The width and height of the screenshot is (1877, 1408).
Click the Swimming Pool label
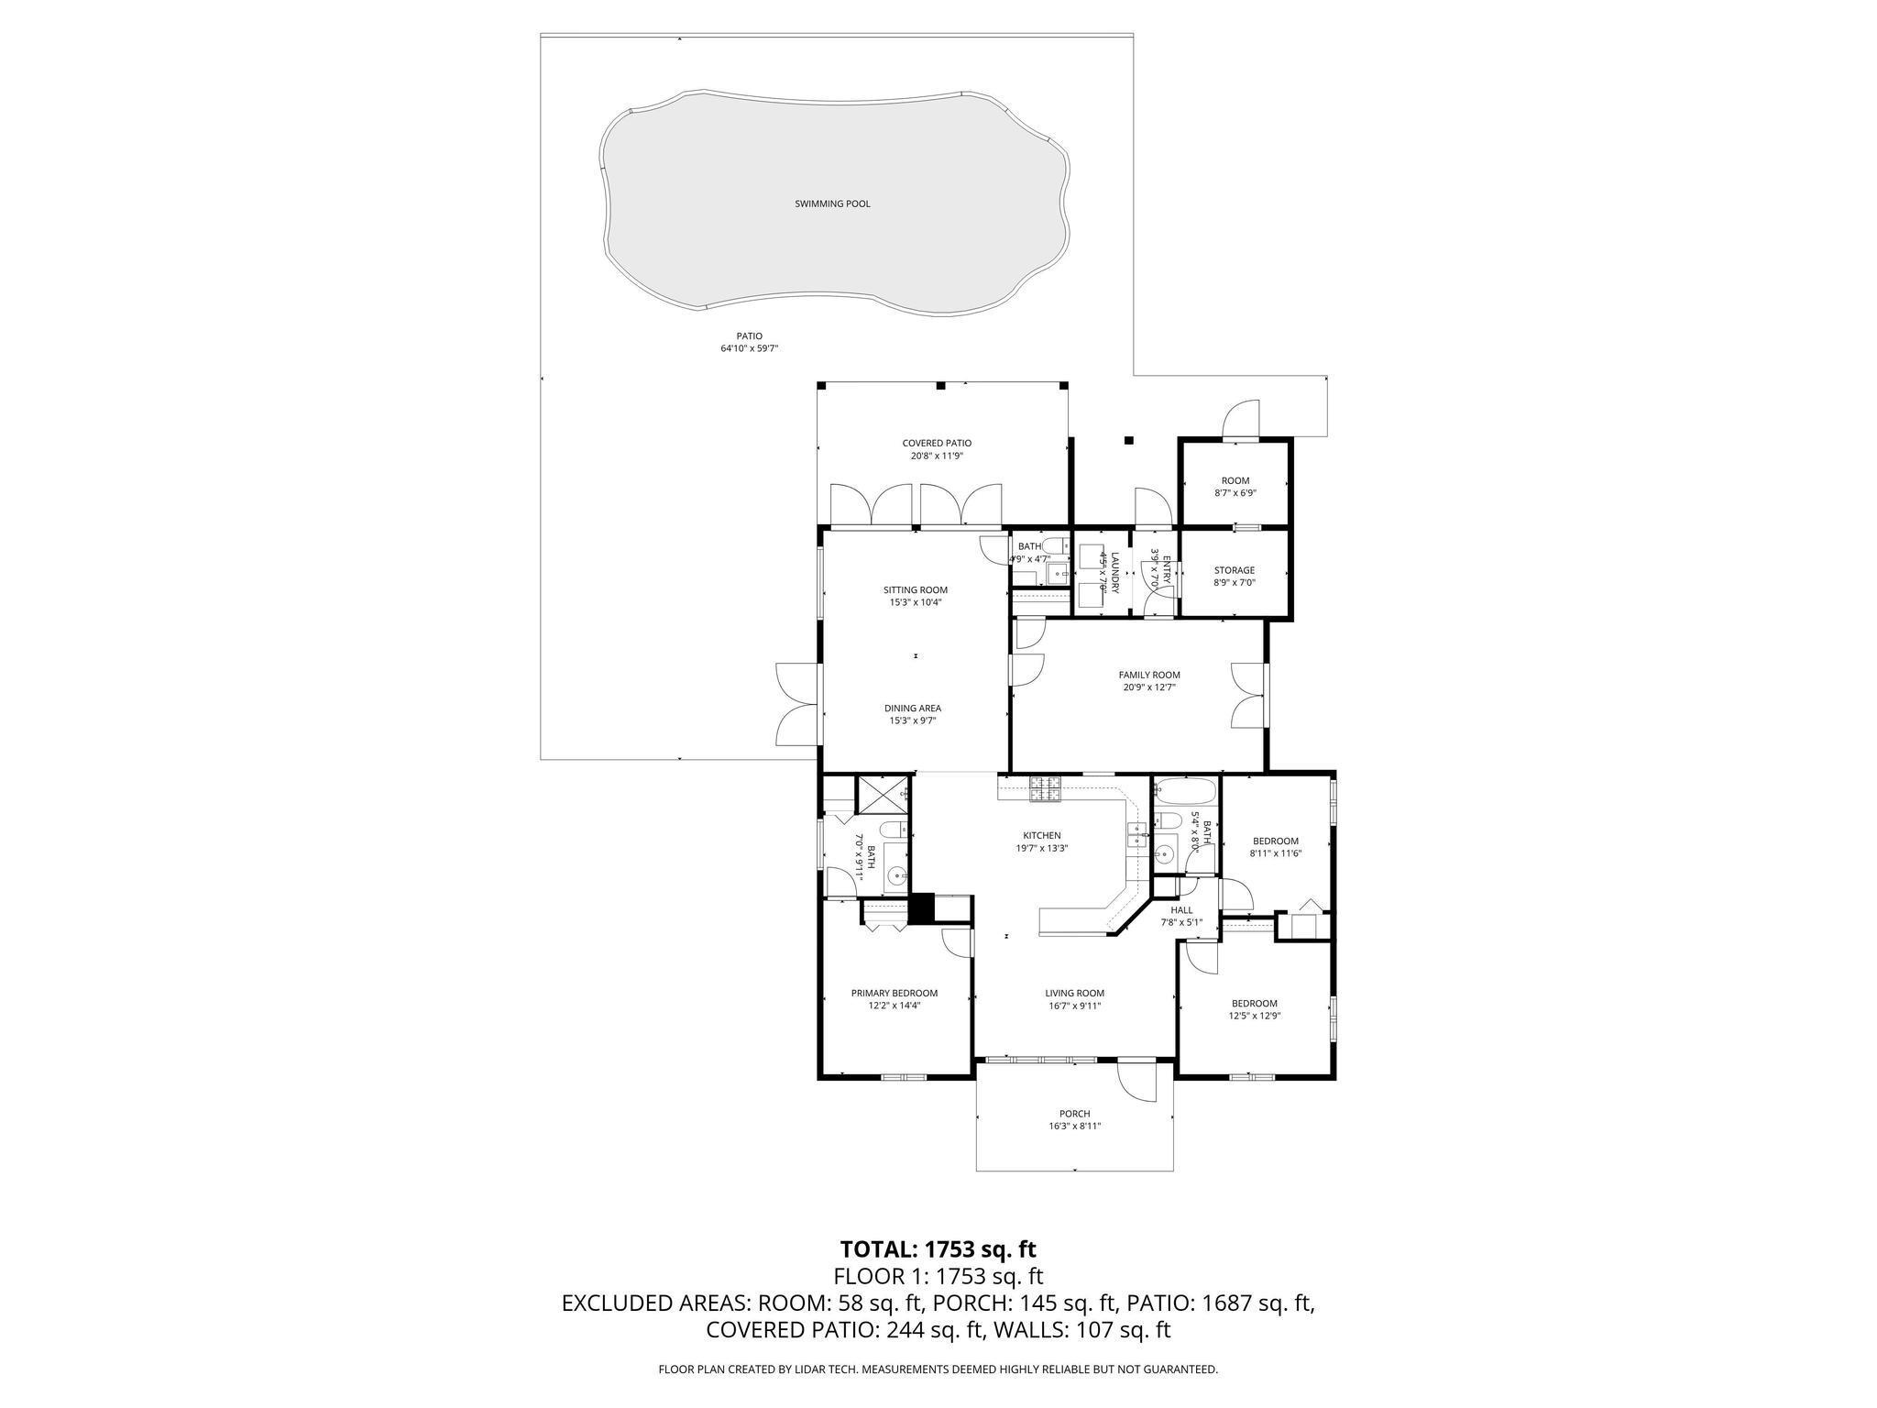coord(832,203)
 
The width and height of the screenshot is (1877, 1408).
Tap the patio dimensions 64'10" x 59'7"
coord(749,349)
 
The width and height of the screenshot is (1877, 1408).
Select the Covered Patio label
coord(937,444)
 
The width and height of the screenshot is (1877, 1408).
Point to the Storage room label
coord(1234,570)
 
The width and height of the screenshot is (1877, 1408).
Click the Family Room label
coord(1148,675)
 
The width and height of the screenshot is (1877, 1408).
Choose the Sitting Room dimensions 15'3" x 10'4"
coord(915,602)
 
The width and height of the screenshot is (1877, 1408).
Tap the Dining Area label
coord(912,708)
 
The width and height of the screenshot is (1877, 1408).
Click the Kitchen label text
coord(1041,835)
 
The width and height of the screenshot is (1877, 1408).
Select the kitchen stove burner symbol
coord(1046,788)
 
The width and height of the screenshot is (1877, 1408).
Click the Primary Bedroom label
coord(894,993)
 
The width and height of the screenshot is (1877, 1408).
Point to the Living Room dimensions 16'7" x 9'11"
coord(1074,1006)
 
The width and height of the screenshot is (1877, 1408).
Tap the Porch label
coord(1074,1114)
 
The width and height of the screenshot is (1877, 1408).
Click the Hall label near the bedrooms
coord(1181,910)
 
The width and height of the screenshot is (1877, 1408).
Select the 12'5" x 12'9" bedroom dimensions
coord(1254,1016)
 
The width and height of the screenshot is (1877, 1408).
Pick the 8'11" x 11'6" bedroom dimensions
coord(1275,853)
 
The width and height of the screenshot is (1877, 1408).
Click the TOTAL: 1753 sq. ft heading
coord(938,1248)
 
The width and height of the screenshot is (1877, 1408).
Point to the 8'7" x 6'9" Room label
coord(1235,480)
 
